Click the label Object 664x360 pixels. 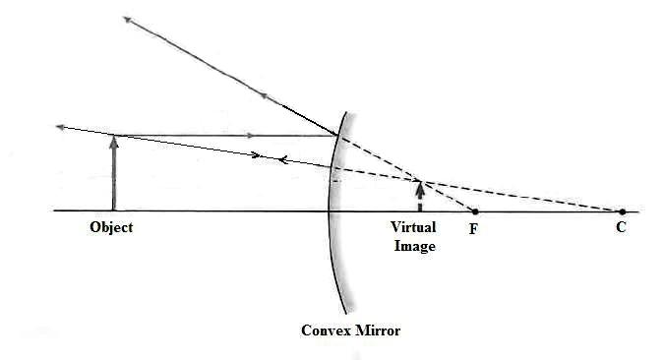(x=110, y=227)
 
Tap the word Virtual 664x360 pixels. (x=413, y=227)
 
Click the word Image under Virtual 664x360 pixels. (x=414, y=246)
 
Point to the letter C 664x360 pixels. (x=621, y=227)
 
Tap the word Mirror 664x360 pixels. (x=379, y=330)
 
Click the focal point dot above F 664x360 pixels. (x=475, y=211)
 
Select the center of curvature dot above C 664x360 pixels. (x=621, y=210)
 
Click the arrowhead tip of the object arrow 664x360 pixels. (x=114, y=137)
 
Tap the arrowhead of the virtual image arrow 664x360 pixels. (x=420, y=182)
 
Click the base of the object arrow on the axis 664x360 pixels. (x=114, y=210)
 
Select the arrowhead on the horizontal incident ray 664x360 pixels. (x=253, y=135)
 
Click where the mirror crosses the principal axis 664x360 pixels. (x=329, y=210)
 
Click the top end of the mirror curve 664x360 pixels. (x=344, y=110)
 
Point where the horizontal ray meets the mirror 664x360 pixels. (x=338, y=135)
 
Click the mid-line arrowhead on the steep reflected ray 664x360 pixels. (x=264, y=95)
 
